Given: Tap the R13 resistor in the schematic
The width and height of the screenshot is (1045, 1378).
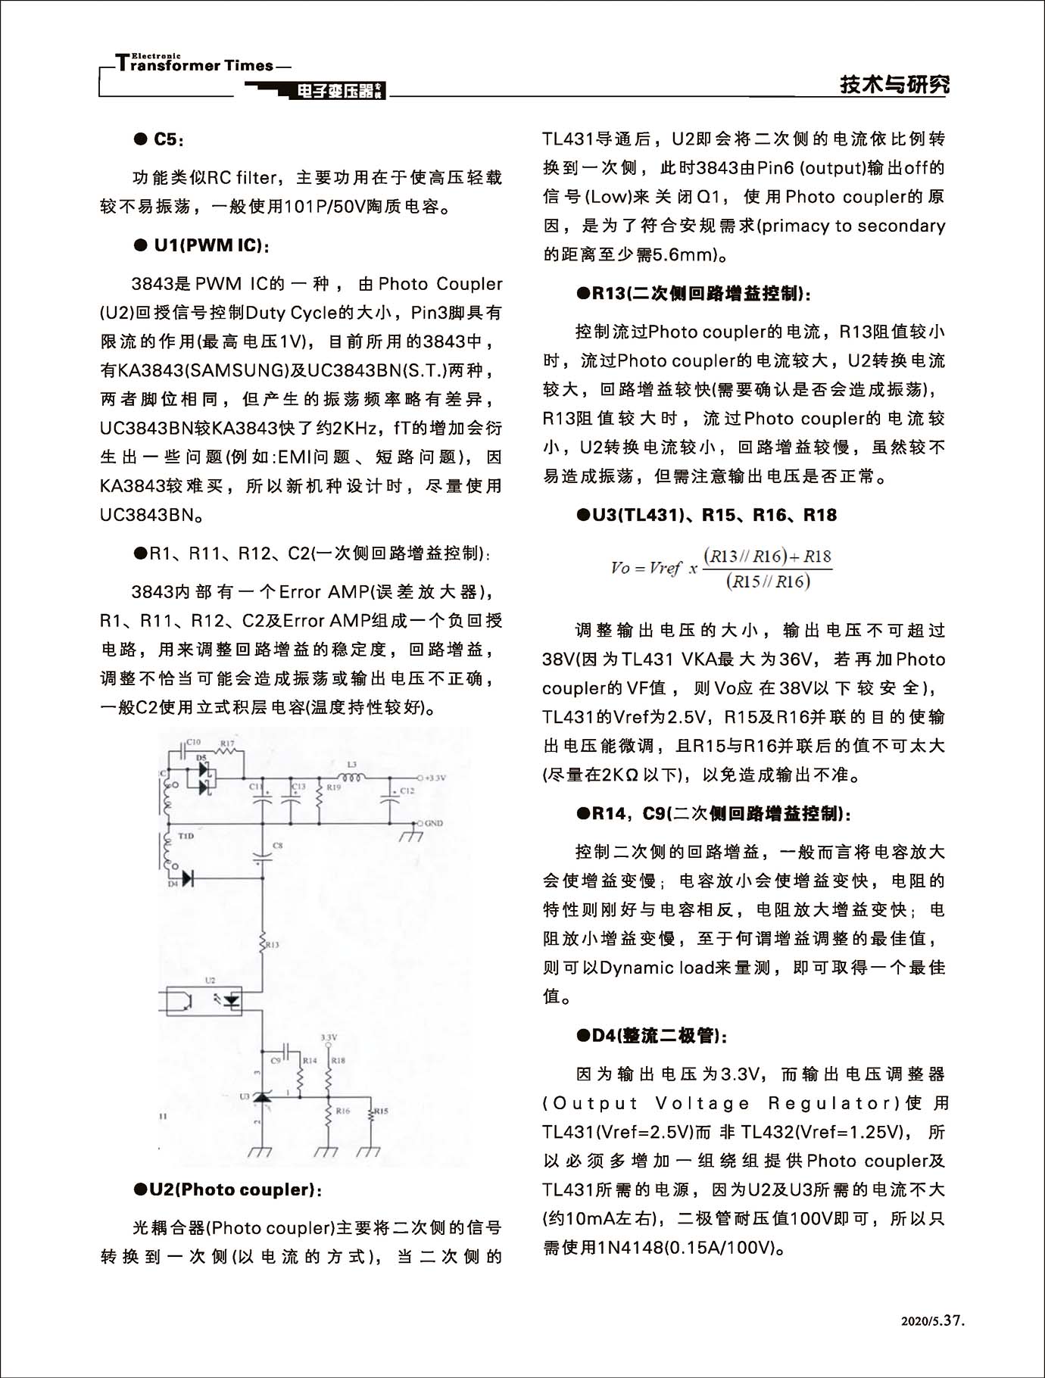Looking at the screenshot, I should point(262,943).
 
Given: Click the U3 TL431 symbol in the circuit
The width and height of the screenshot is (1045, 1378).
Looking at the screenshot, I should point(262,1097).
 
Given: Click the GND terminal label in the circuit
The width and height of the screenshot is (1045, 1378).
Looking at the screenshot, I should point(434,823).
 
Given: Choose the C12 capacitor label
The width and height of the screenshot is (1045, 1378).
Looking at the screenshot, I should point(407,790).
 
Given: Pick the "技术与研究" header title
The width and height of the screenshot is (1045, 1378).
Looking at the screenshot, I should point(894,85).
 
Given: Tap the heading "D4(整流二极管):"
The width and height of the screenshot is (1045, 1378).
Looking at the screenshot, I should point(653,1035).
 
